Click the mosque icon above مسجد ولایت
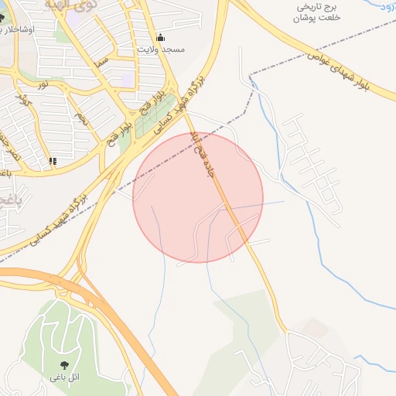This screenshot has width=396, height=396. tap(161, 37)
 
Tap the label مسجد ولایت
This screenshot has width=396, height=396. tap(161, 49)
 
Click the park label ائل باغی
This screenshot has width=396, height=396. tap(64, 377)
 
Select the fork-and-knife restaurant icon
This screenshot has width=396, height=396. tap(53, 161)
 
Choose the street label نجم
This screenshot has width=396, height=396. tap(80, 118)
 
